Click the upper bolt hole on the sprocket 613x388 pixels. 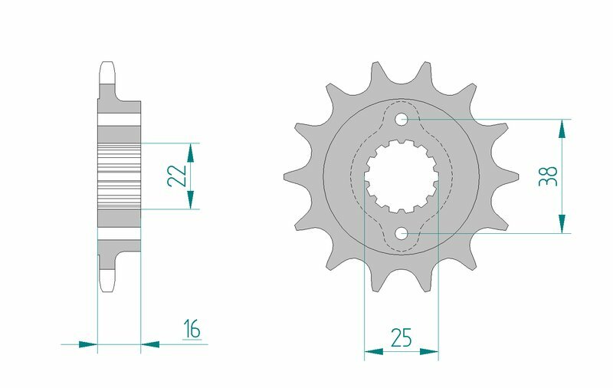pyautogui.click(x=402, y=120)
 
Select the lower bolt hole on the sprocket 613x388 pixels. pyautogui.click(x=402, y=232)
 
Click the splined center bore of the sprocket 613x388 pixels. pyautogui.click(x=401, y=176)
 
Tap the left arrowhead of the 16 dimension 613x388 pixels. pyautogui.click(x=88, y=344)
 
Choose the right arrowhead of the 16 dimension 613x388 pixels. pyautogui.click(x=151, y=344)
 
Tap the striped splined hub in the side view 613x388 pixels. pyautogui.click(x=119, y=176)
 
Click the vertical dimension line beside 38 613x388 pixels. pyautogui.click(x=563, y=176)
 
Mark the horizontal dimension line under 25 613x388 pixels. pyautogui.click(x=401, y=352)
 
